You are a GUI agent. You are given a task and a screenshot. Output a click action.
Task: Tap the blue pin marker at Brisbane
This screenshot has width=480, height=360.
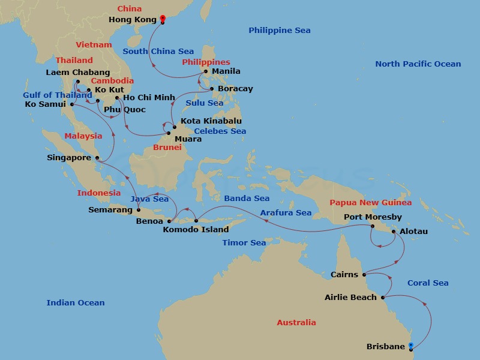(x=411, y=345)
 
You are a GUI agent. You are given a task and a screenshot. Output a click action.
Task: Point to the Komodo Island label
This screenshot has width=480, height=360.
(x=196, y=229)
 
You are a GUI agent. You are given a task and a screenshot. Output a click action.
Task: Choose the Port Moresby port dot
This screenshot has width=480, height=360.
(x=372, y=226)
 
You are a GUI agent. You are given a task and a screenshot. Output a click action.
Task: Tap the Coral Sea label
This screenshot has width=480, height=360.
(x=428, y=283)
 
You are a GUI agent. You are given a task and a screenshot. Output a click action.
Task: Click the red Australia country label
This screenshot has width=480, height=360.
(x=296, y=323)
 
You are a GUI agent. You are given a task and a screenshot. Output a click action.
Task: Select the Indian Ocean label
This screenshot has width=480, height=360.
(x=76, y=303)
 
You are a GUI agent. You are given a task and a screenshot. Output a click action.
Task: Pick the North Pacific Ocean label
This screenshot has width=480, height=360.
(x=418, y=64)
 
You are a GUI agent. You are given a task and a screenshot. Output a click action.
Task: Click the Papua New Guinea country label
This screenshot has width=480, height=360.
(x=370, y=203)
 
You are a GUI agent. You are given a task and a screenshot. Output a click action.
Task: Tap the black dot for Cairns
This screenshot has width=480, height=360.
(x=364, y=275)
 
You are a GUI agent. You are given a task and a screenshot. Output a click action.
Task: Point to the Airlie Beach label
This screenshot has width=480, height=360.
(x=350, y=297)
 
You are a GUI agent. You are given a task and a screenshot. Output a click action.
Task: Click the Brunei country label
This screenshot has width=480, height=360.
(x=167, y=147)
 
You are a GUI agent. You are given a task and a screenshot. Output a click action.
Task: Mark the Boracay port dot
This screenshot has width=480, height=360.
(x=212, y=89)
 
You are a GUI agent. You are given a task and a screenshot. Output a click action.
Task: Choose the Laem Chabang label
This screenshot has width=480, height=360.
(x=78, y=73)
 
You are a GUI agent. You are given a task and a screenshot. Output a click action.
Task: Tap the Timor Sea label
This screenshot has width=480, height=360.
(x=244, y=243)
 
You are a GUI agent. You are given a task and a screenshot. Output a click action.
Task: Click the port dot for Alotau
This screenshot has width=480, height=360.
(x=394, y=231)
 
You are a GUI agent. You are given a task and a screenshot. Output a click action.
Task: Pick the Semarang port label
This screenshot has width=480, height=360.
(x=110, y=210)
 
